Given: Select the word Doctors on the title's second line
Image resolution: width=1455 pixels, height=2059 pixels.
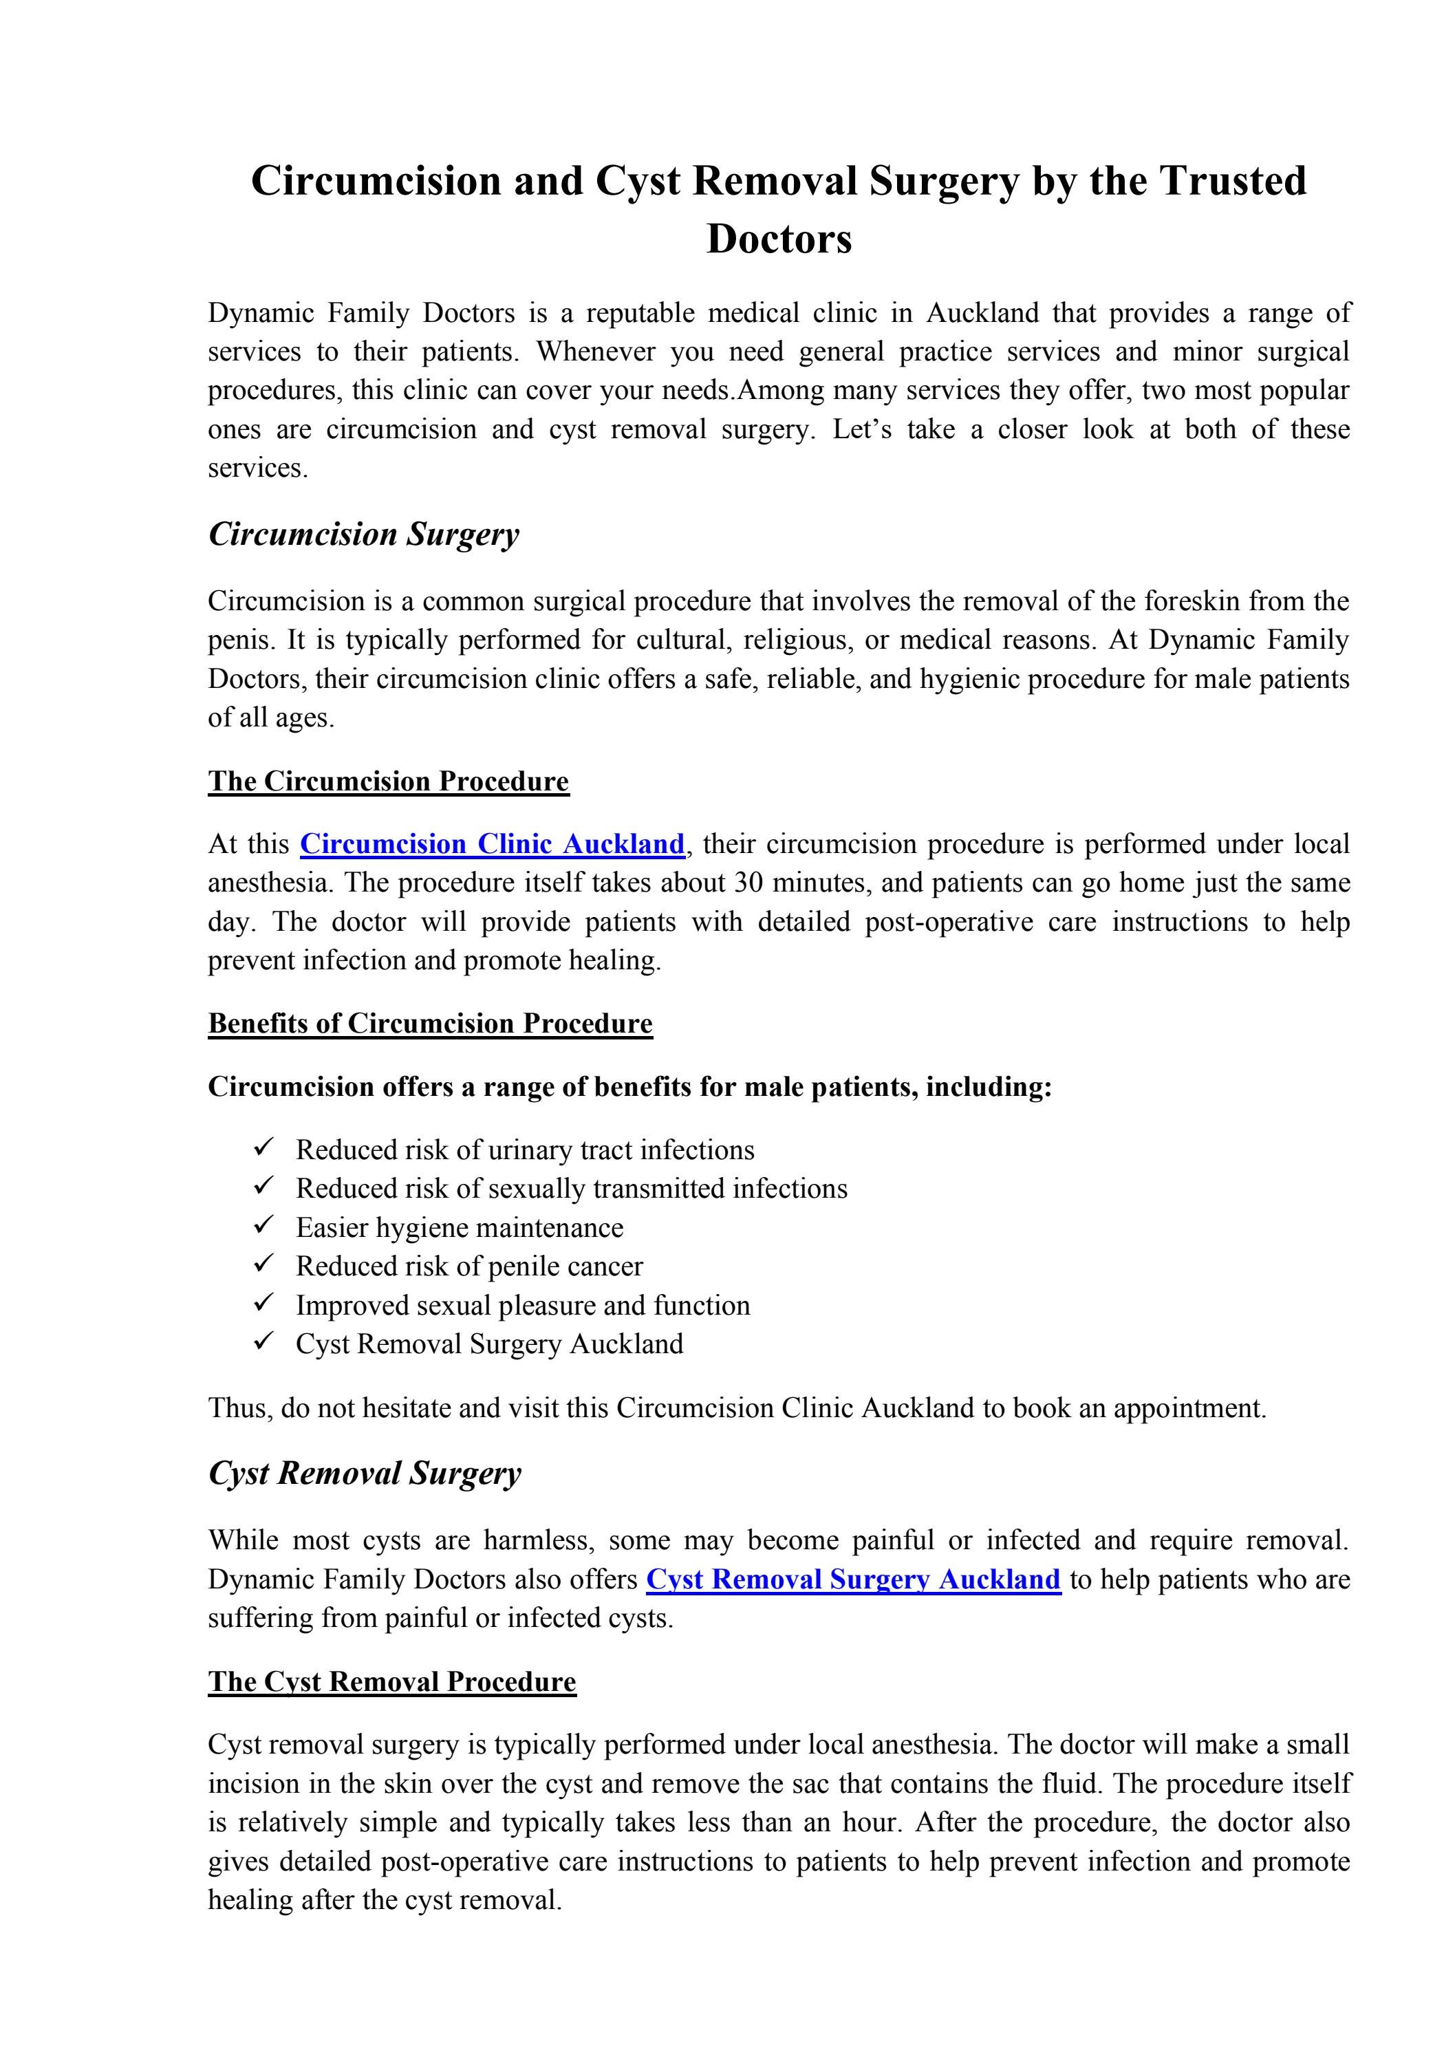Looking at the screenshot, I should (779, 239).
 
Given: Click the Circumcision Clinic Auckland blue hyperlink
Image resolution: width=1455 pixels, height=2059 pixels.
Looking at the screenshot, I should (492, 844).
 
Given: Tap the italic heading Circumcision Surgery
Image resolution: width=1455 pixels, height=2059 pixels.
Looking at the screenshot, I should (363, 535).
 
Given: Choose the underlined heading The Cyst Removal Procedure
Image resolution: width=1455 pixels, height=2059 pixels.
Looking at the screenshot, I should (392, 1681).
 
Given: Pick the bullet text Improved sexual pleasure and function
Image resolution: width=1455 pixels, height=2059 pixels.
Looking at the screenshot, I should (523, 1305).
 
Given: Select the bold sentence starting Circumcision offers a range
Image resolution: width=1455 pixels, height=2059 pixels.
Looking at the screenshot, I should (629, 1087).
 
